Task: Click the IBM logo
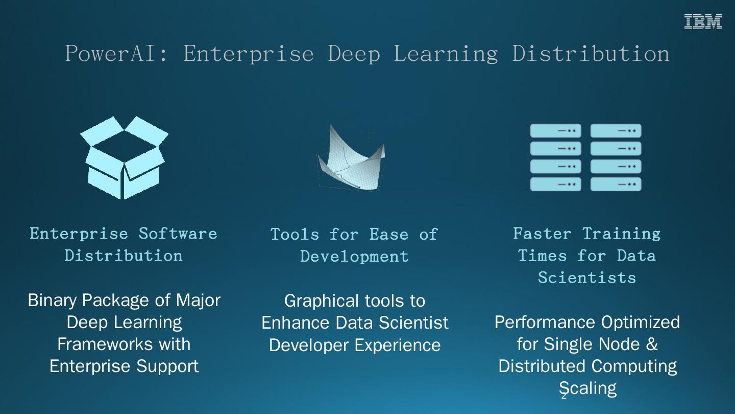[x=703, y=22]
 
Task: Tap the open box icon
[x=124, y=157]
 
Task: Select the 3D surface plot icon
[x=351, y=157]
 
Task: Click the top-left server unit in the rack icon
[x=555, y=131]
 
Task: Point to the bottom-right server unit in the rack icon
[x=616, y=184]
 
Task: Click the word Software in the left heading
[x=178, y=234]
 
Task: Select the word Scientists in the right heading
[x=587, y=278]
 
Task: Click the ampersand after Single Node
[x=652, y=344]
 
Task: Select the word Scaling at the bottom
[x=587, y=388]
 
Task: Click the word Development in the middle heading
[x=354, y=256]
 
